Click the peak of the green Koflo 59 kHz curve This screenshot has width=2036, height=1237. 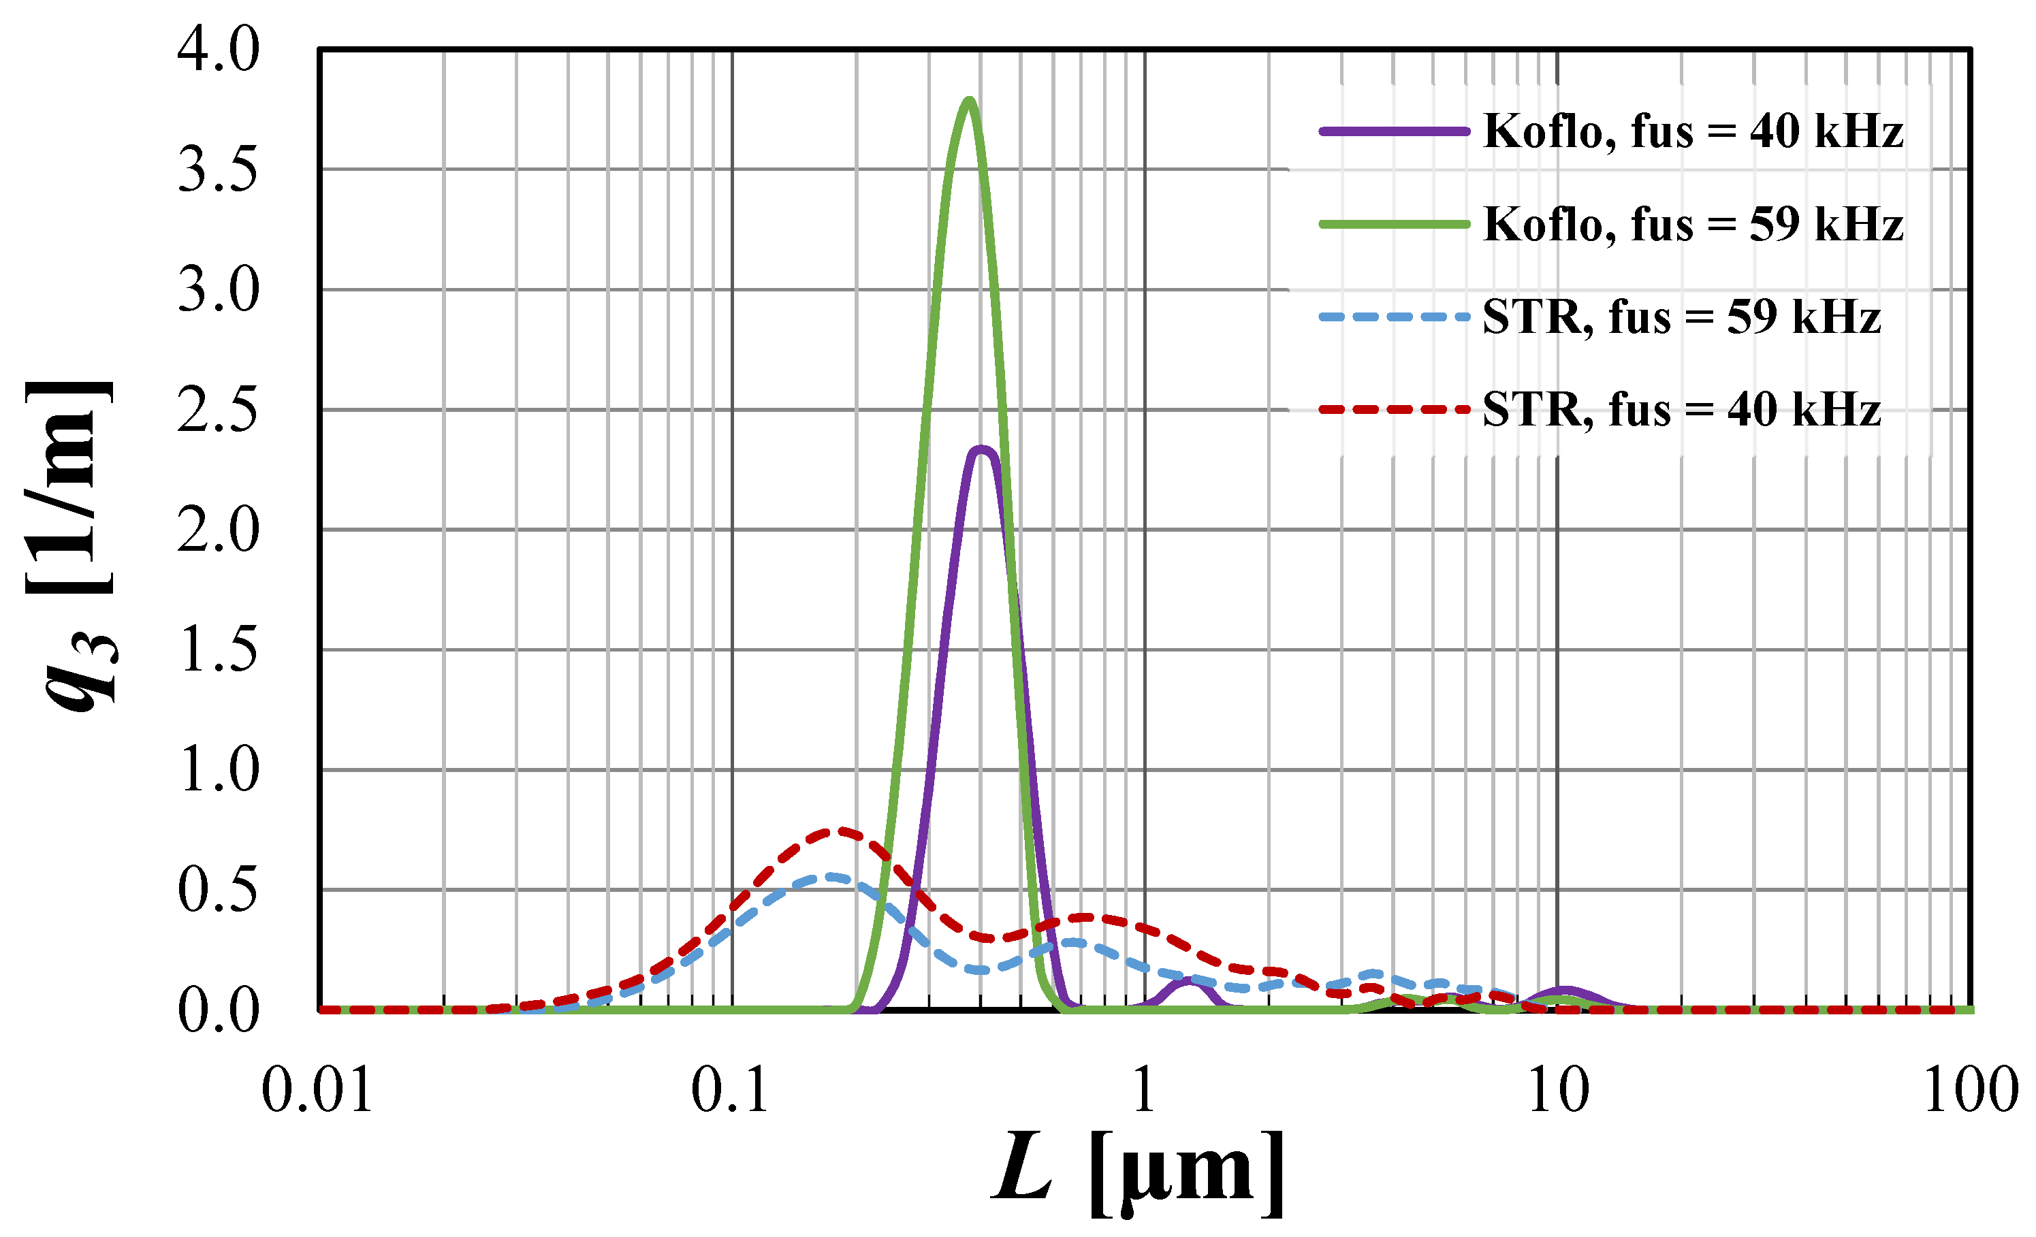click(x=968, y=101)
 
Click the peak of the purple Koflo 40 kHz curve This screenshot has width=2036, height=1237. click(x=983, y=450)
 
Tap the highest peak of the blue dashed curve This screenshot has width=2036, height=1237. click(x=831, y=877)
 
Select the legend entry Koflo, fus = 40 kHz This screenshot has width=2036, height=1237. click(x=1692, y=131)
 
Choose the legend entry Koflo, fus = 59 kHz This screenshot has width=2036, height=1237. click(x=1692, y=224)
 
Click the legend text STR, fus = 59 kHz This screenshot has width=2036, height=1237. click(x=1681, y=317)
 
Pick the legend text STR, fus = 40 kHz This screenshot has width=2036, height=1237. click(x=1681, y=409)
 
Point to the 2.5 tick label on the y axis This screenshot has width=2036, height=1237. click(x=218, y=411)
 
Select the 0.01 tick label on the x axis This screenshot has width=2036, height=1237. click(x=317, y=1091)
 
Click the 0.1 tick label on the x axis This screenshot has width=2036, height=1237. click(x=731, y=1091)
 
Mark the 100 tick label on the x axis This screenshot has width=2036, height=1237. click(x=1971, y=1091)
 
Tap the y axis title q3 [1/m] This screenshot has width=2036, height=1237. click(x=70, y=545)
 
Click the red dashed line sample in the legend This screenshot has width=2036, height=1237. click(x=1394, y=409)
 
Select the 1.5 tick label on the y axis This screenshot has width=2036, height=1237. click(x=218, y=651)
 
